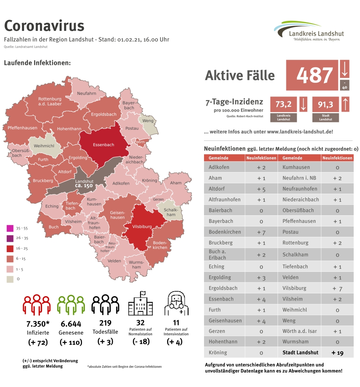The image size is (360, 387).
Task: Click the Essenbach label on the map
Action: point(103,144)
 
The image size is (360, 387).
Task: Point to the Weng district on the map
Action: point(148,121)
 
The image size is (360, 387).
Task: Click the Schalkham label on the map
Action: point(171,212)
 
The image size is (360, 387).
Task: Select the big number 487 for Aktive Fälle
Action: point(315,75)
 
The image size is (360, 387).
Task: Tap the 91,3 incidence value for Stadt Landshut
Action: point(326,104)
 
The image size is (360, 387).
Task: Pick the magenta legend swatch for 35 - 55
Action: point(10,229)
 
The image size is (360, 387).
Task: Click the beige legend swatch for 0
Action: point(10,279)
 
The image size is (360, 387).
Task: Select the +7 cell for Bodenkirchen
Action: point(261,232)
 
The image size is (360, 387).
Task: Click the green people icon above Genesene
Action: point(71,305)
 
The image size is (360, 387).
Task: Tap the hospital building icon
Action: point(140,304)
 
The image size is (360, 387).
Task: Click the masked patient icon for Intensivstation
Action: point(176,304)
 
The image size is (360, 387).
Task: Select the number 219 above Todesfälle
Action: point(106,323)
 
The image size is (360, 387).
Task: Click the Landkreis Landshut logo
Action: point(309,31)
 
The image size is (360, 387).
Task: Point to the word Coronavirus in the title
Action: point(44,26)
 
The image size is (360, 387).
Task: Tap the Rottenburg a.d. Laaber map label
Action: point(50,101)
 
